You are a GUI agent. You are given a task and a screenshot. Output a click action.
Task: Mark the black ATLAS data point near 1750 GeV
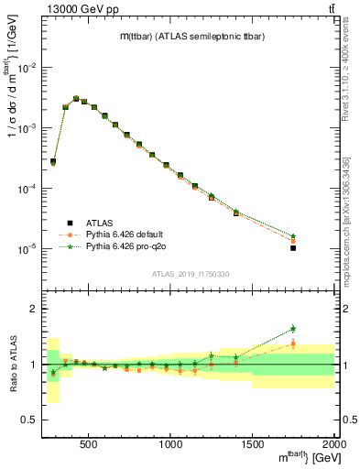pyautogui.click(x=293, y=247)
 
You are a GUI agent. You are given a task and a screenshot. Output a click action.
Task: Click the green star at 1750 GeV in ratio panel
pyautogui.click(x=293, y=328)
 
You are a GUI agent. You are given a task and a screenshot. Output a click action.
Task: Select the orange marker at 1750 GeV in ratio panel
pyautogui.click(x=293, y=344)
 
